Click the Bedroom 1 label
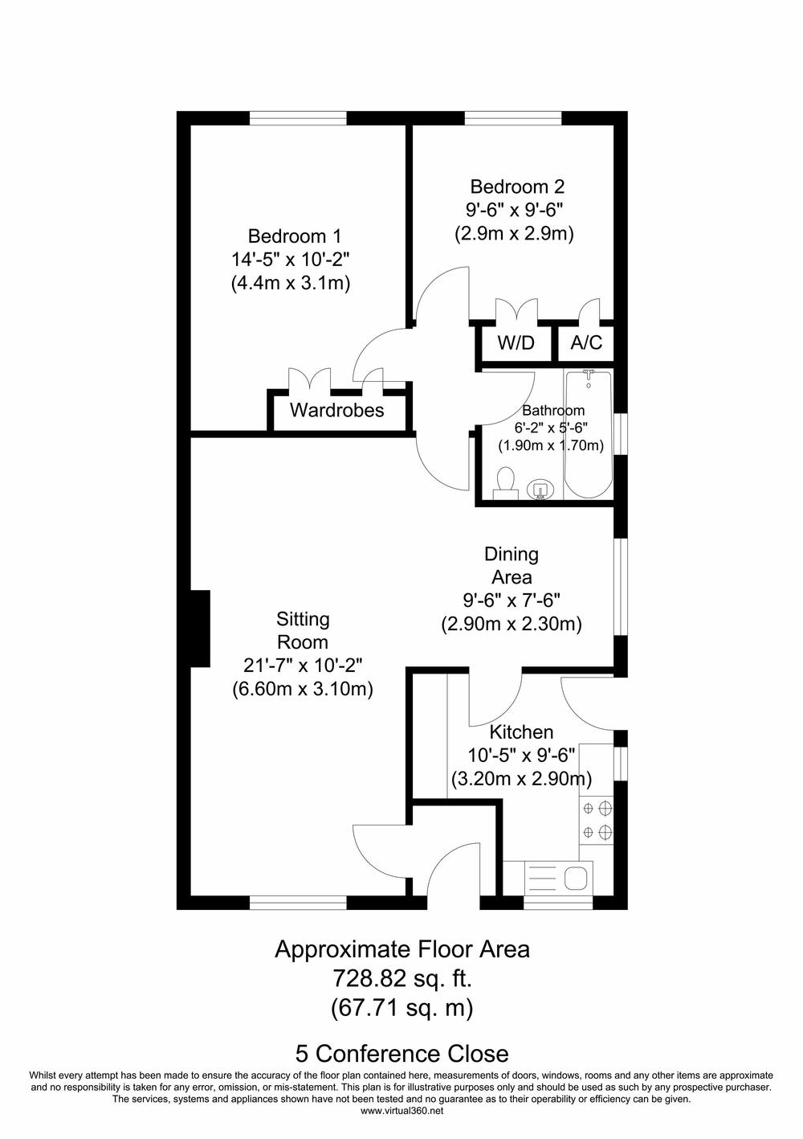[294, 236]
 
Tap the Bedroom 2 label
[517, 186]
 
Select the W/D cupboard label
[516, 342]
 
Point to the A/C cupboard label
[586, 342]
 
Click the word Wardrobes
[336, 410]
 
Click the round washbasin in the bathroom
[539, 490]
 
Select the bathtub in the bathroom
[589, 434]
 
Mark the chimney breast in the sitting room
[200, 629]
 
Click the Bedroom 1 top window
[298, 118]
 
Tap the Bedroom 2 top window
[513, 118]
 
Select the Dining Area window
[621, 586]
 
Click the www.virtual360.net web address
[401, 1111]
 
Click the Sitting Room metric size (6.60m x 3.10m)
[303, 689]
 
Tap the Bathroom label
[553, 410]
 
